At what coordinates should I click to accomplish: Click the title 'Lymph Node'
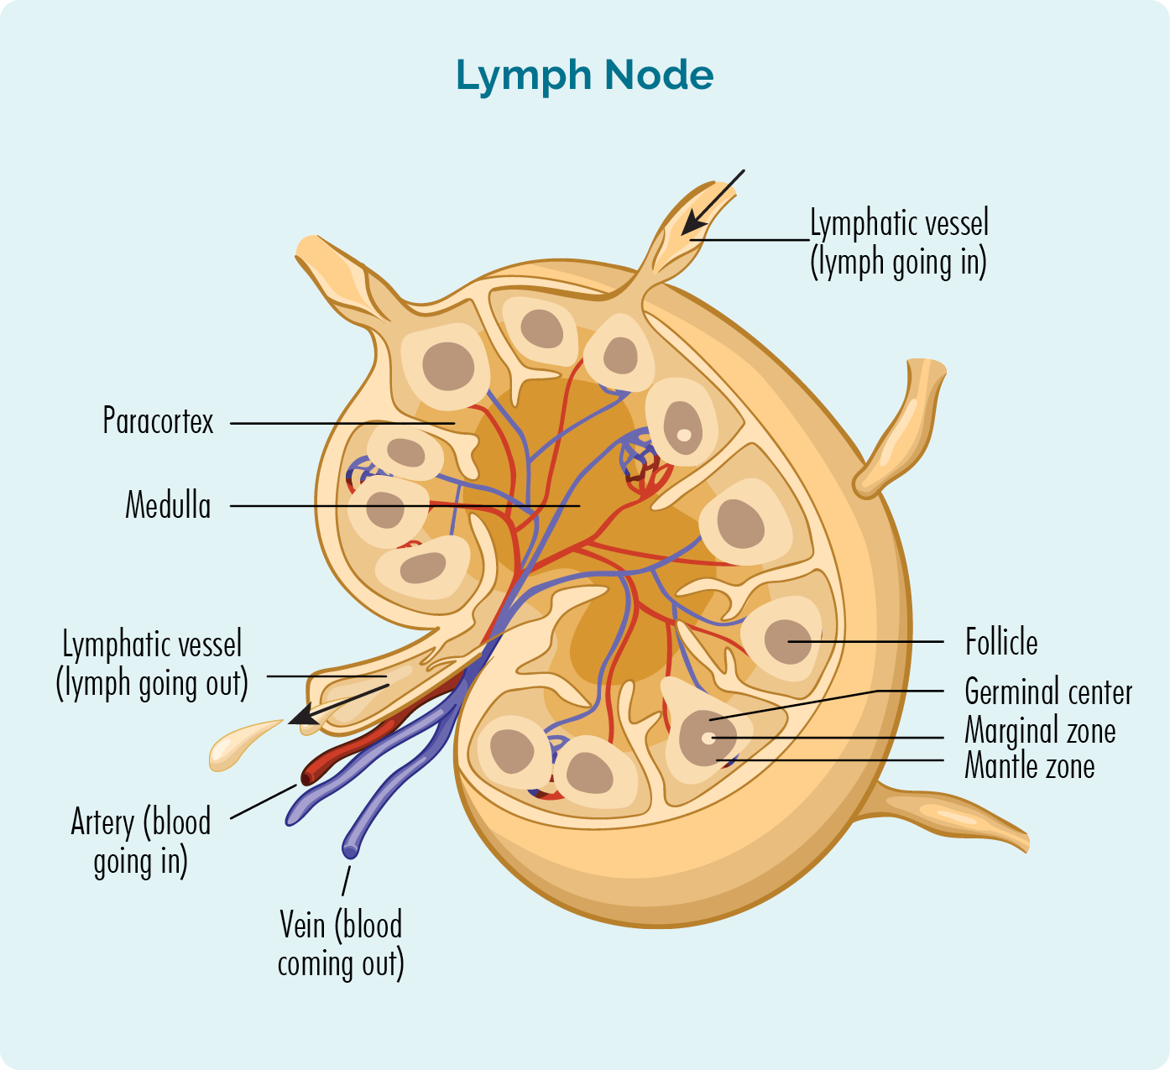[584, 76]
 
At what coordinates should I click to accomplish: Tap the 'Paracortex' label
[158, 421]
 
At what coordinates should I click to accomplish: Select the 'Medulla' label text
[168, 506]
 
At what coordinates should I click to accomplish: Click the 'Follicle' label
[1001, 643]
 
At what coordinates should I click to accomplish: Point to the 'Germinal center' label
[1048, 692]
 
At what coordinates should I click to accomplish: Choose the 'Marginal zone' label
[1040, 730]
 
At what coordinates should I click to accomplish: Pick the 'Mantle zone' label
[1030, 766]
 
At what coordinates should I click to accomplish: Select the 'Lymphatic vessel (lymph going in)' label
[899, 243]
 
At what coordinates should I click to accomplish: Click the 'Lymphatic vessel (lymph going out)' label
[152, 664]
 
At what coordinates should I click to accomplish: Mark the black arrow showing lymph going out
[336, 704]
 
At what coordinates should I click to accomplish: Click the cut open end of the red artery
[308, 776]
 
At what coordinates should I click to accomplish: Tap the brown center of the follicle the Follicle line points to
[787, 641]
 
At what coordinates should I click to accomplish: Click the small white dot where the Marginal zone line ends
[709, 739]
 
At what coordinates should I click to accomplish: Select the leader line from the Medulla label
[403, 506]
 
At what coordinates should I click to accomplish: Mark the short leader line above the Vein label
[346, 880]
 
